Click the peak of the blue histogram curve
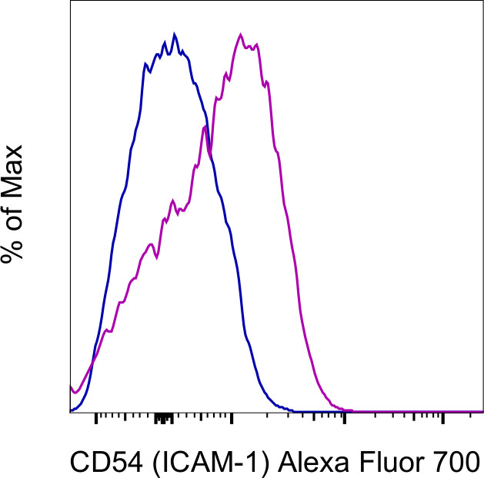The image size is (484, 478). click(x=175, y=35)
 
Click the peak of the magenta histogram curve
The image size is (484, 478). click(x=241, y=35)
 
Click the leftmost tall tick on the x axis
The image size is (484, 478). click(x=95, y=419)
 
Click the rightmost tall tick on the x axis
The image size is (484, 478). click(x=443, y=419)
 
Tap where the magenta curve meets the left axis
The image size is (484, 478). click(x=71, y=386)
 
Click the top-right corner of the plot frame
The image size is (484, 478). click(x=482, y=2)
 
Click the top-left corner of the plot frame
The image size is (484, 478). click(x=70, y=2)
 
